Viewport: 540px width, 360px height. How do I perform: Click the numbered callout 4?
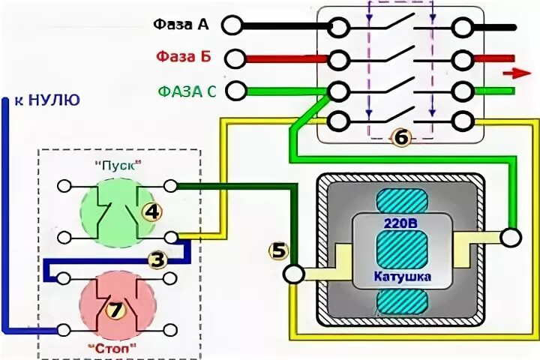click(x=153, y=212)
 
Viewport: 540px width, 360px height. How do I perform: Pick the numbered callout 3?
click(x=157, y=260)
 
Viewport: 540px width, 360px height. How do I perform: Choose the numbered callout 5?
click(x=279, y=251)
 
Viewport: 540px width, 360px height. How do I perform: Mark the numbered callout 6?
click(x=401, y=137)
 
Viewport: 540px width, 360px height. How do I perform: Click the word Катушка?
click(x=401, y=277)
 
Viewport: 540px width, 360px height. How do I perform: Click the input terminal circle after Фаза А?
click(x=234, y=25)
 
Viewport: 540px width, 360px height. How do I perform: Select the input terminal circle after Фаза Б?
click(x=234, y=57)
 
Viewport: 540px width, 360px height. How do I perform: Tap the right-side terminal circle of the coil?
click(x=511, y=238)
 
